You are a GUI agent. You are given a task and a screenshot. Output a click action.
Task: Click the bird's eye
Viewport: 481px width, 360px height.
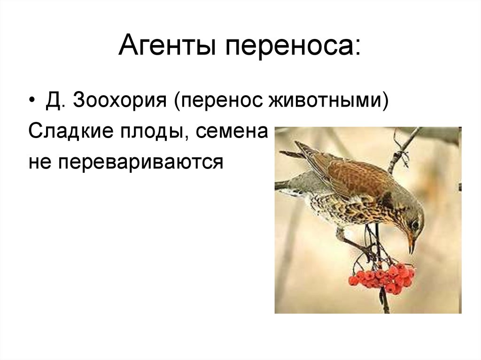click(414, 224)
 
